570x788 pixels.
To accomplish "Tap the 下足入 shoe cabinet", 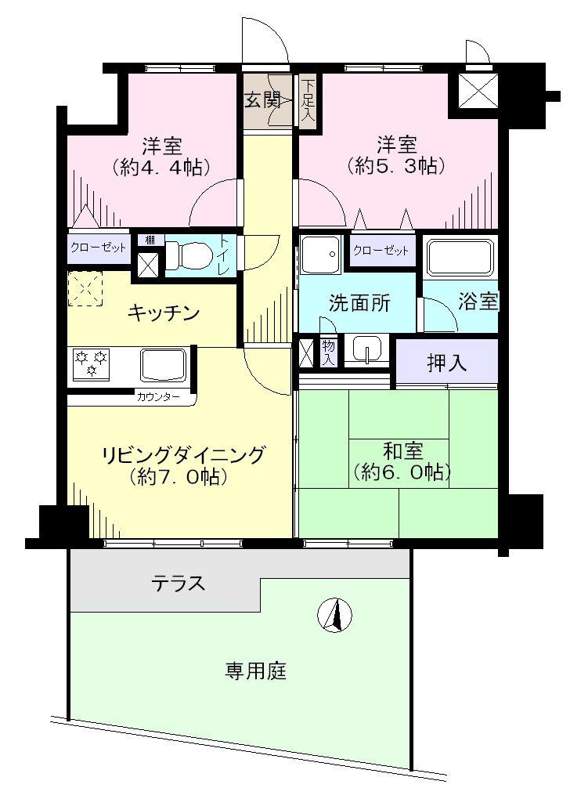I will tap(307, 100).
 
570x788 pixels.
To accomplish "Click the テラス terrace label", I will tap(179, 583).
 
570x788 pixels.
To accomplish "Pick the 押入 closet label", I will tap(448, 363).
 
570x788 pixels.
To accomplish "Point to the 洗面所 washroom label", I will tap(359, 304).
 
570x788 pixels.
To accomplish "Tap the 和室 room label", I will tap(402, 452).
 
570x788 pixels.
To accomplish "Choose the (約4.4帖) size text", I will tap(163, 167).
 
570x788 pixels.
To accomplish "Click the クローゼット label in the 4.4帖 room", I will tap(99, 248).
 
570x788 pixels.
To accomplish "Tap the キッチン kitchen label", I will tap(163, 313).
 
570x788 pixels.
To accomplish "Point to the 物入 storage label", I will tap(329, 352).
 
